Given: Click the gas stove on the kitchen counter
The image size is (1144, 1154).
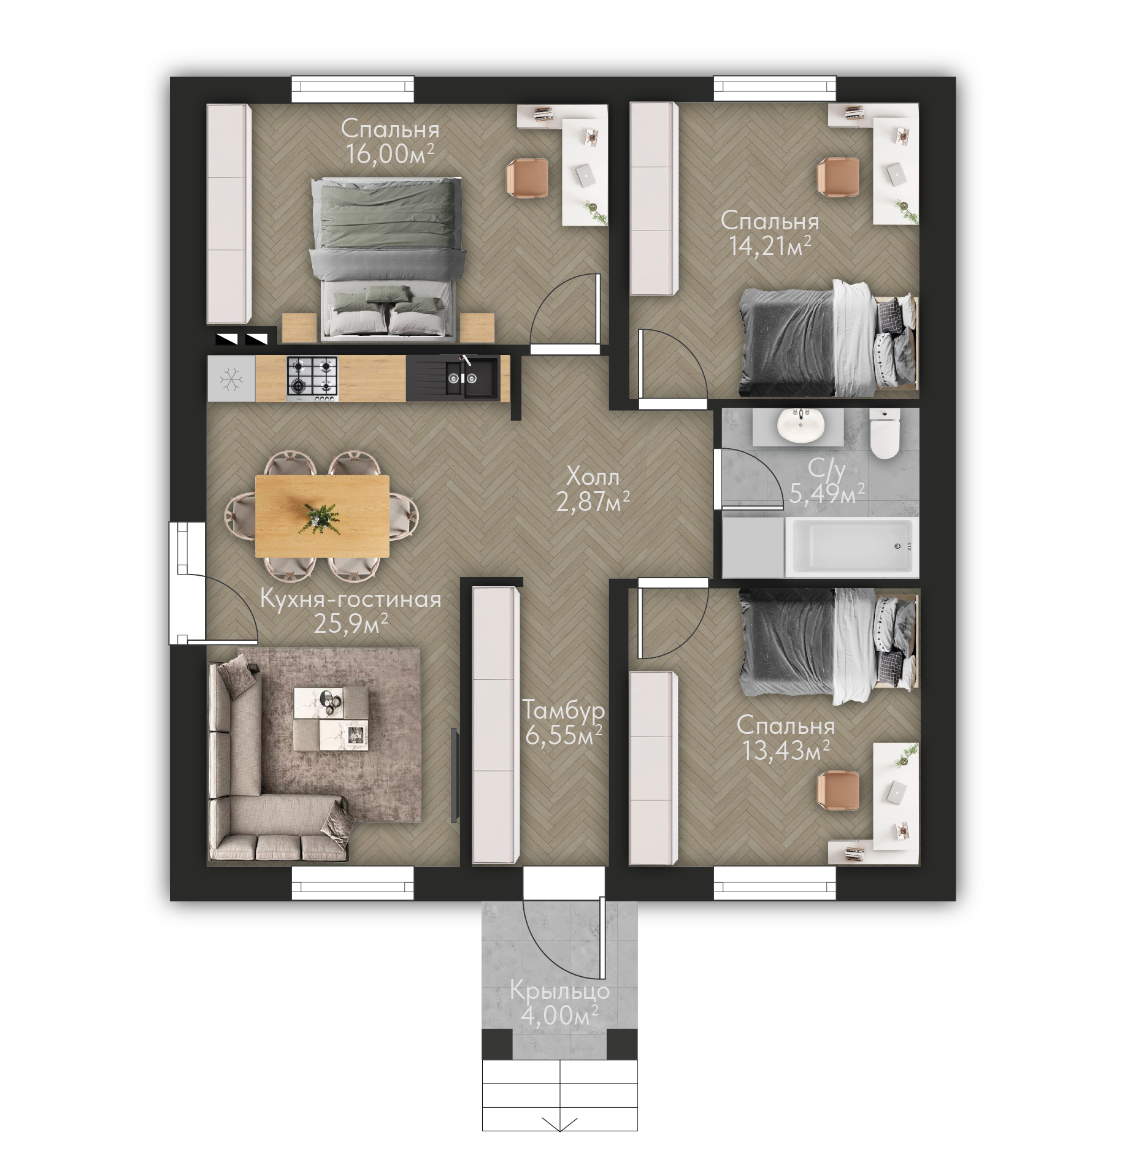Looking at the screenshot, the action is point(312,379).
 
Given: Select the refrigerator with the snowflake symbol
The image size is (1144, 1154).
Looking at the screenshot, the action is point(231,379).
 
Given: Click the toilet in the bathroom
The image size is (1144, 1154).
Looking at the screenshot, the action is point(885,433).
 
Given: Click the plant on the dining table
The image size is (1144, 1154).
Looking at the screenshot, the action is point(319,518).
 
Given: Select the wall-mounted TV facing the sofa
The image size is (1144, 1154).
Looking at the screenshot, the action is point(455,774).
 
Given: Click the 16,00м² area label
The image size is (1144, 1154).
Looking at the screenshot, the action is point(390,153).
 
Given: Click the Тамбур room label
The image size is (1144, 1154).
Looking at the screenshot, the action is point(564,710).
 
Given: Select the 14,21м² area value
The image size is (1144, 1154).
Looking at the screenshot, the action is point(770,246).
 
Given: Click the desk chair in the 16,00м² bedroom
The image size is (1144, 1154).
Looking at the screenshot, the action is point(527,178).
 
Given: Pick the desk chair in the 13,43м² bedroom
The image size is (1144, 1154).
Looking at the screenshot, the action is point(838,790).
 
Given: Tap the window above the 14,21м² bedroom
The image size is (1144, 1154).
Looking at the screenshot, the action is point(775,89).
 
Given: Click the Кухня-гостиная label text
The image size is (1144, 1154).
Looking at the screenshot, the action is point(351,599).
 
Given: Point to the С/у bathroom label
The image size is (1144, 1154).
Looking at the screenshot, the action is point(826,469).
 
